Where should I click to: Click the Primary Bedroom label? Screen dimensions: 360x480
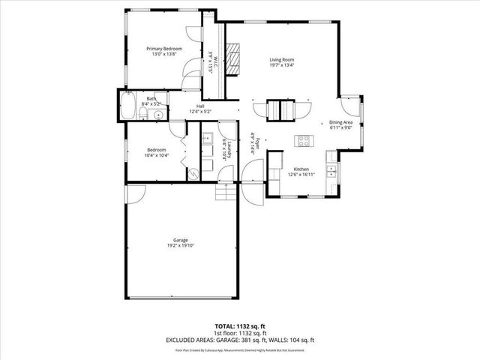coord(163,48)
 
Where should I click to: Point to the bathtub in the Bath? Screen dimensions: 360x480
coord(127,106)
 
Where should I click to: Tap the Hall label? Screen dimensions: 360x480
coord(200,106)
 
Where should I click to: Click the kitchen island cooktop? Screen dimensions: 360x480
coord(304,139)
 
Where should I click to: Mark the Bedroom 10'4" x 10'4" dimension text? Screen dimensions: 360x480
coord(157,155)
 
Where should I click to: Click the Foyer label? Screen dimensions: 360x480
coord(253,143)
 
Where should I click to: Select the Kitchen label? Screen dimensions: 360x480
coord(301,169)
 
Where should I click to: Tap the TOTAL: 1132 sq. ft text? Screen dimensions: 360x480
coord(240,326)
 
